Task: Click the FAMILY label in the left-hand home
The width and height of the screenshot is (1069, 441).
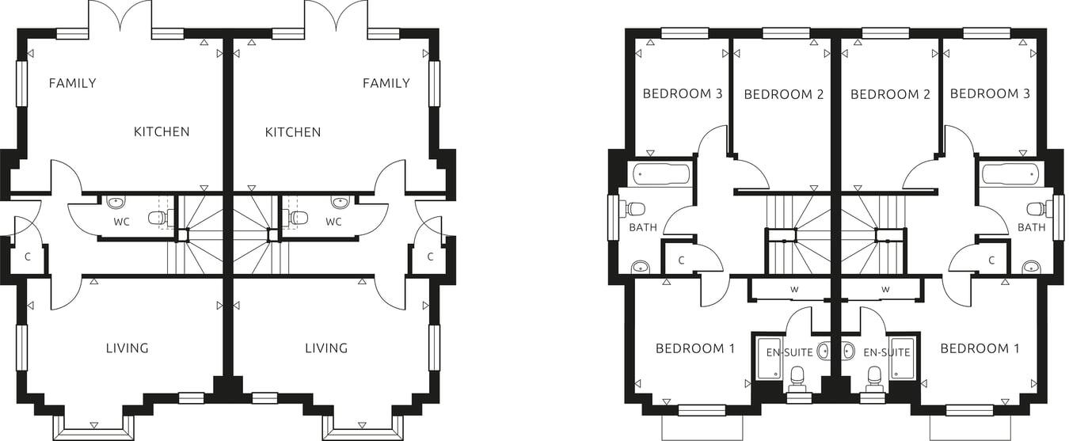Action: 72,83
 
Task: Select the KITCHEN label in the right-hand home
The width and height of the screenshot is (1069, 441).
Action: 293,132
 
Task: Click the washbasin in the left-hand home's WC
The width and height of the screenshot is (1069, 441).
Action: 115,201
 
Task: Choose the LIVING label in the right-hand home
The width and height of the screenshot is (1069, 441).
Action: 326,348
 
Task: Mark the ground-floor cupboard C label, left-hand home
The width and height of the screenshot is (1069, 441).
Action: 28,257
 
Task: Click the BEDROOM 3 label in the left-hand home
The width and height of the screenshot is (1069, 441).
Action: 682,93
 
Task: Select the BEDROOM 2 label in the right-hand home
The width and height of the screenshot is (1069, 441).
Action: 890,94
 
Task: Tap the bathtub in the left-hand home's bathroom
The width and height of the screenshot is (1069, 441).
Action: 660,173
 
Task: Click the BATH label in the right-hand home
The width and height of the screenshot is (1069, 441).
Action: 1031,227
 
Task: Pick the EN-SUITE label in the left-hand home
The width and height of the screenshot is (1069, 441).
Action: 786,352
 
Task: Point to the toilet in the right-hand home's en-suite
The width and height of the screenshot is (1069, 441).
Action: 874,381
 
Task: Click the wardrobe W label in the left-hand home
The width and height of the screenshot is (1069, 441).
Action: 793,290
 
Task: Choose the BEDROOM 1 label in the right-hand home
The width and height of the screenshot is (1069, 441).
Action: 980,348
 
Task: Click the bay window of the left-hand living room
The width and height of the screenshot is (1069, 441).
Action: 93,426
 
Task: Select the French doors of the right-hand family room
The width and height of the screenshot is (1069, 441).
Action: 336,17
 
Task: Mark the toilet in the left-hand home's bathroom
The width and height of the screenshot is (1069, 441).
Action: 634,209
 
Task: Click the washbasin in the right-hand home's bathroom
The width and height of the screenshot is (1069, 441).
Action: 1031,267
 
